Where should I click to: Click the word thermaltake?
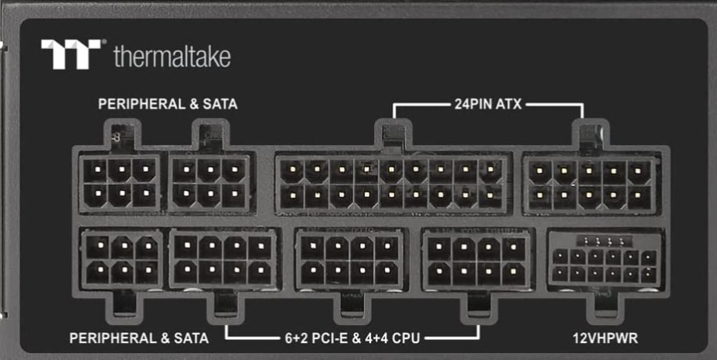coord(171,56)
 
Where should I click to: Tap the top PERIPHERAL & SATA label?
coord(168,103)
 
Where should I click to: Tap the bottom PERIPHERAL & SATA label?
coord(139,338)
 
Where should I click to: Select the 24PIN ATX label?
coord(487,103)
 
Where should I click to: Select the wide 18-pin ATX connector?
coord(392,183)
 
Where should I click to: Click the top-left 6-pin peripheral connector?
coord(119,182)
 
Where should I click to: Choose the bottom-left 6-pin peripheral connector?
coord(120,260)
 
